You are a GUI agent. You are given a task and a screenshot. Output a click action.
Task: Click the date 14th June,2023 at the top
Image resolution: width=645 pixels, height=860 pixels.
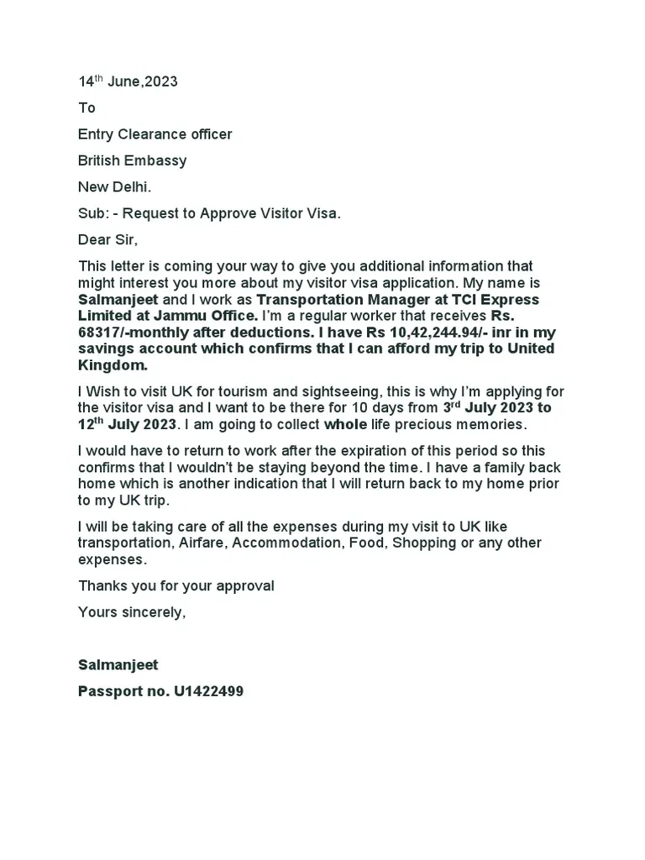coord(128,81)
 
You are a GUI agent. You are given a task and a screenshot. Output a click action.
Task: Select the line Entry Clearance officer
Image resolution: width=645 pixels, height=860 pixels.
coord(155,134)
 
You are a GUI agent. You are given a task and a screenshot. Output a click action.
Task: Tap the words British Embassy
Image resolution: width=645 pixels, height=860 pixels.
coord(132,160)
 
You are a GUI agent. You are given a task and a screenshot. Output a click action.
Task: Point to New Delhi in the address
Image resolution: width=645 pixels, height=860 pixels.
coord(115,186)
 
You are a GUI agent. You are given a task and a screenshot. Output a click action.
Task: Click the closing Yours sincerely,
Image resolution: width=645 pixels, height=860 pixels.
coord(131,611)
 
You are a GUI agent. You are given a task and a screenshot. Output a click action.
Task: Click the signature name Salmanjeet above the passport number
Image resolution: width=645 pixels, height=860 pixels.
coord(118,665)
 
